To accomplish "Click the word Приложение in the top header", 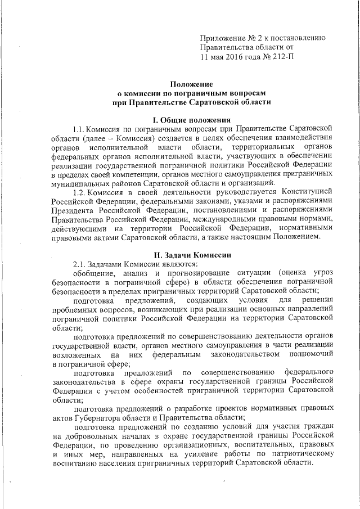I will click(x=221, y=38).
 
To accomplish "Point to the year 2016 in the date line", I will click(x=239, y=57).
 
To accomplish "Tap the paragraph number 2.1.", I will click(x=80, y=264).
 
